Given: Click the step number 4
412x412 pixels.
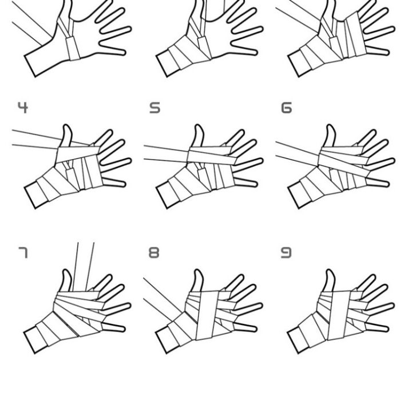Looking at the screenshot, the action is click(23, 108).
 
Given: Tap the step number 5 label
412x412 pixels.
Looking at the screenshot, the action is click(154, 108).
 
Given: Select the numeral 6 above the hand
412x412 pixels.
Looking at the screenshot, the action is click(287, 108).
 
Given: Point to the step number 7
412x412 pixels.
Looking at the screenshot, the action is click(23, 252).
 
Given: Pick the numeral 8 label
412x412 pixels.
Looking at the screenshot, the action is click(154, 252).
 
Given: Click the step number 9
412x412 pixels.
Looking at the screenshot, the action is click(286, 252).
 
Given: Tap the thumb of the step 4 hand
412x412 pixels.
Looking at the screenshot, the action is click(66, 136).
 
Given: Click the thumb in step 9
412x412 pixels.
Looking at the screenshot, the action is click(330, 280).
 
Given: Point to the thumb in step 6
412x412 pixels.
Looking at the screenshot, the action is click(330, 136).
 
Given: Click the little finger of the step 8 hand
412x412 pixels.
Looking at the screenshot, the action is click(245, 327).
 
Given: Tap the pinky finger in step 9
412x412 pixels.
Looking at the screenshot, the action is click(377, 327).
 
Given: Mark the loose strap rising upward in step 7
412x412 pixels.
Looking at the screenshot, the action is click(84, 267).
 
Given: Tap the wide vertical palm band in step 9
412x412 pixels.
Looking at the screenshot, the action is click(339, 315).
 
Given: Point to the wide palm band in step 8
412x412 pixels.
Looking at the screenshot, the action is click(207, 315).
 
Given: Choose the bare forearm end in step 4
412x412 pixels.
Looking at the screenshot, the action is click(36, 195).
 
